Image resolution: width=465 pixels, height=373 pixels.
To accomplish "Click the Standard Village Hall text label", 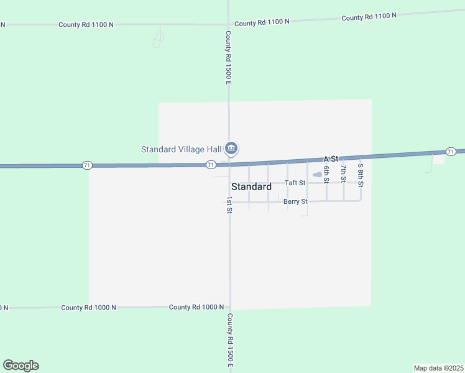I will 182,149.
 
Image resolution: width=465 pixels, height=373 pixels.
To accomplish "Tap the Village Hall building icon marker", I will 231,148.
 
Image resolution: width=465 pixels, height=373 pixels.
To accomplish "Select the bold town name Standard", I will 251,186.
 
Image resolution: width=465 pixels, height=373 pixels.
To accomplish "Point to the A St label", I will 330,160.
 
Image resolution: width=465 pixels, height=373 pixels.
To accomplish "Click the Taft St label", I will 295,183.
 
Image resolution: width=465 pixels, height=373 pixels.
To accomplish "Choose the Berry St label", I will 295,201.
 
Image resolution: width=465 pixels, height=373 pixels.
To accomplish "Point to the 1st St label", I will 229,205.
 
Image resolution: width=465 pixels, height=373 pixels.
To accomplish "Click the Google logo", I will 21,366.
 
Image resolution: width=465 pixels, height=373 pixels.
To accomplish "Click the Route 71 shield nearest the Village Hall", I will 211,165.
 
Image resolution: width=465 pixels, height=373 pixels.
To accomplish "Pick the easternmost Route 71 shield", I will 451,152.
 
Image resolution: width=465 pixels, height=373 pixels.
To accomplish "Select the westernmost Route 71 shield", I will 87,165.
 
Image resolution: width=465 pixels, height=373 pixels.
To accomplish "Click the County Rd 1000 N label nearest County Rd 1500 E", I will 196,307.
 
